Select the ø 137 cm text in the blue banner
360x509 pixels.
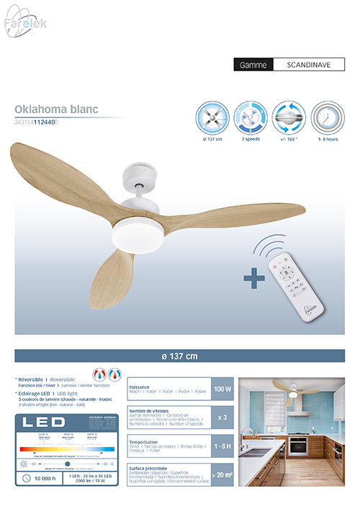click(x=179, y=356)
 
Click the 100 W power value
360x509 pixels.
click(x=222, y=389)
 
